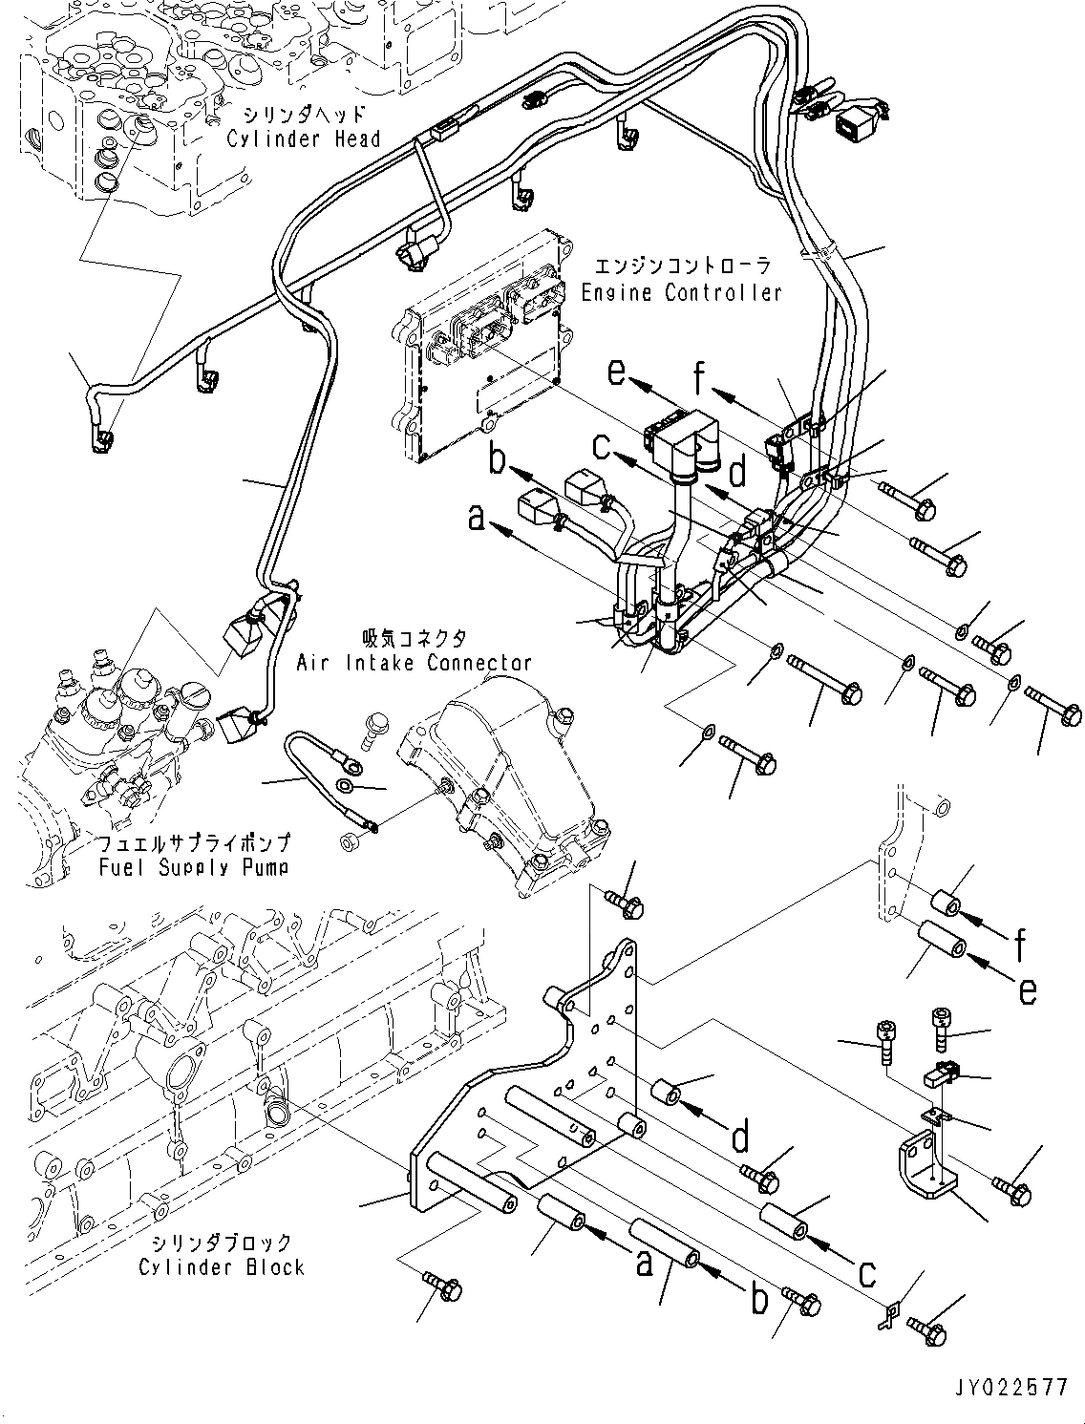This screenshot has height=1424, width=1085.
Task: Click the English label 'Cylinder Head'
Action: click(304, 138)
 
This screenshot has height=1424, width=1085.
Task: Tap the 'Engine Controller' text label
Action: click(682, 292)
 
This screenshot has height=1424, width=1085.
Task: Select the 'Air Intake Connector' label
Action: click(414, 662)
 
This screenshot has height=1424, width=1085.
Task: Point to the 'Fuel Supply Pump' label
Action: click(193, 867)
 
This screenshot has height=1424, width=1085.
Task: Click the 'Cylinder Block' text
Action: click(222, 1267)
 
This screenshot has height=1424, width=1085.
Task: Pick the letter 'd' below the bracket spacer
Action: click(738, 1138)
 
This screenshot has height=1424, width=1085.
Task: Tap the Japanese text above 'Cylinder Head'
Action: click(304, 114)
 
